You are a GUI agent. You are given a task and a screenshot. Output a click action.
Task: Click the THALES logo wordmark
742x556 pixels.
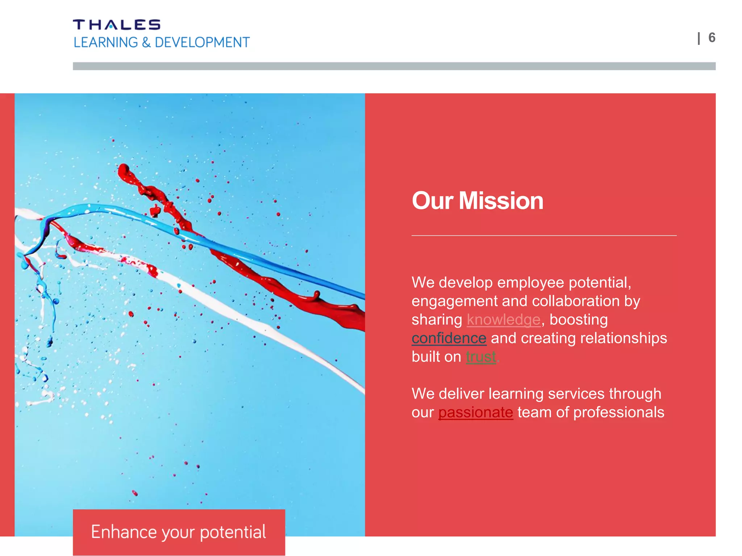116,25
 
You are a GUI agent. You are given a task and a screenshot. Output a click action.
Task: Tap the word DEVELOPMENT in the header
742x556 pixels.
202,43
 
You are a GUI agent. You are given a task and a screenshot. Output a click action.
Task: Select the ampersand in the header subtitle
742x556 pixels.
146,43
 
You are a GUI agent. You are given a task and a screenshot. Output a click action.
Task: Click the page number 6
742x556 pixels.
712,38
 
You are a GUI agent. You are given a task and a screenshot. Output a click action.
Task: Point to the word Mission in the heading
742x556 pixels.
501,201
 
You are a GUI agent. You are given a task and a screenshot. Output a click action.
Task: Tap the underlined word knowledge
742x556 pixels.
504,320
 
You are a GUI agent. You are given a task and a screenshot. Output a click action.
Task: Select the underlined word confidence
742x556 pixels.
449,338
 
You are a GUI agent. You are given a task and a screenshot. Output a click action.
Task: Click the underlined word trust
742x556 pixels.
481,357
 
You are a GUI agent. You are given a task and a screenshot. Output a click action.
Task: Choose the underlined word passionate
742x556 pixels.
476,412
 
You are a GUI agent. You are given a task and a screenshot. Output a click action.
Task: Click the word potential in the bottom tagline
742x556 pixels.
233,532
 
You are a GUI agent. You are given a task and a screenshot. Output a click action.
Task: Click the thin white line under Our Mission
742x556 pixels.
544,236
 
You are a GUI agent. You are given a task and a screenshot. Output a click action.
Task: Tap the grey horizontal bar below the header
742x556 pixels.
394,66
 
